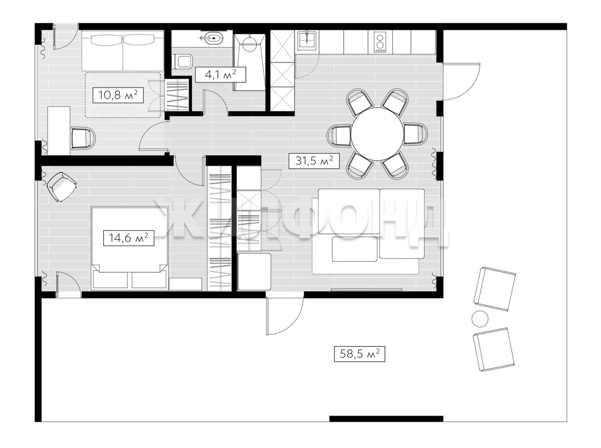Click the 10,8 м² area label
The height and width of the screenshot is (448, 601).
pos(118,95)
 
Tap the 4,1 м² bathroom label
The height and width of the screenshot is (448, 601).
pos(220,75)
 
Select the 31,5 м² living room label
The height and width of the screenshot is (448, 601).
pos(314,161)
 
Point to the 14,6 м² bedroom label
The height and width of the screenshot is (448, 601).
pos(128,238)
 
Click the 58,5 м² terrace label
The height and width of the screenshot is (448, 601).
pos(360,354)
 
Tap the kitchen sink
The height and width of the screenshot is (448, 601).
pos(308,40)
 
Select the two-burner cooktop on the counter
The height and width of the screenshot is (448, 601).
pos(380,43)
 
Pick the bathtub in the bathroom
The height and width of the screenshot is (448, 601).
pos(249,62)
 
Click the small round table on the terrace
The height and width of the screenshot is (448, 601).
pos(480,319)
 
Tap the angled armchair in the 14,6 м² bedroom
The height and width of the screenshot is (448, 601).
pos(62,186)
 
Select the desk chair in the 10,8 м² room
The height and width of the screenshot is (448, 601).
pos(83,138)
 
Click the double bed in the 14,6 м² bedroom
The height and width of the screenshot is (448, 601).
pos(129,248)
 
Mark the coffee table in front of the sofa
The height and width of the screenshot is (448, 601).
pos(355,249)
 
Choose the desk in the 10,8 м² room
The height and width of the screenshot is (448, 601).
pos(59,131)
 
